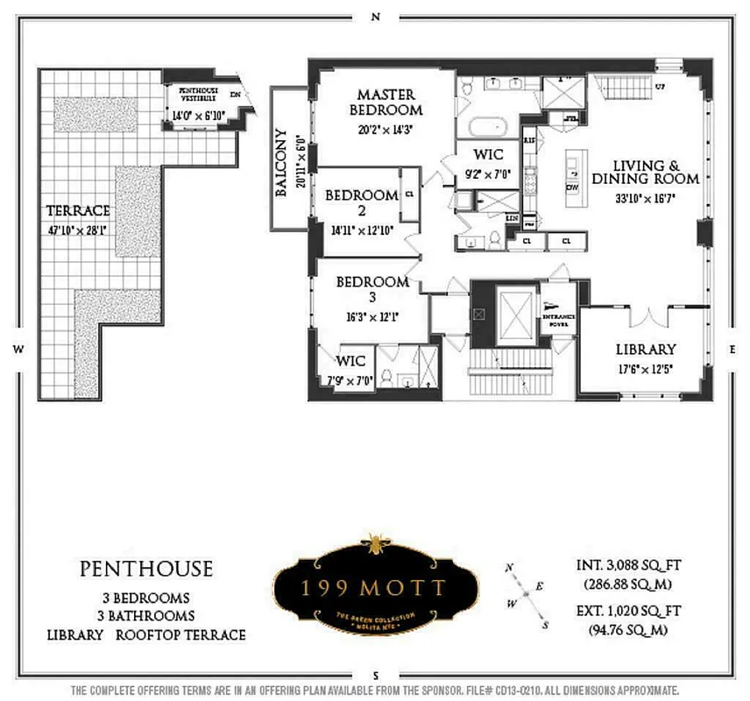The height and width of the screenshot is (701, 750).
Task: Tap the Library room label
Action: point(645,348)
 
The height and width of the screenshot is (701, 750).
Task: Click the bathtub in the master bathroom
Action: point(487,125)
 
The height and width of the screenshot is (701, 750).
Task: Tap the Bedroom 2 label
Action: point(361,202)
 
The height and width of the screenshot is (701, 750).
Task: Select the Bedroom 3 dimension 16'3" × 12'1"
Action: point(371,317)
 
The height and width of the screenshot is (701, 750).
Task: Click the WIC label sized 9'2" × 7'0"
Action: point(487,155)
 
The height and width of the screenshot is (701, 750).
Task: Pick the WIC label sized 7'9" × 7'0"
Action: point(350,360)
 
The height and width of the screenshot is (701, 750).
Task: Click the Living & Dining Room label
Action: point(655,172)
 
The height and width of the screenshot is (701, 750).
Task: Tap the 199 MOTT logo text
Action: point(376,588)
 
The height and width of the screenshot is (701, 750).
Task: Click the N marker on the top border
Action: point(376,16)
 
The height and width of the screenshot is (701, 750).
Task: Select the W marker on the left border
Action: point(17,349)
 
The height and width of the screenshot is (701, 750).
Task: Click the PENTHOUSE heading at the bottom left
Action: point(146,569)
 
